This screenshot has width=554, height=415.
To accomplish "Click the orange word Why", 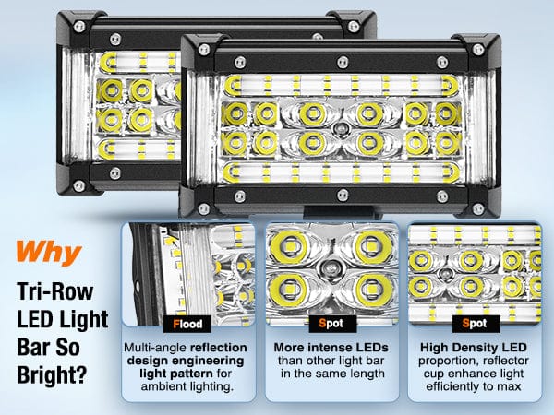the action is pyautogui.click(x=49, y=252).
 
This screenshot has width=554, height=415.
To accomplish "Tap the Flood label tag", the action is pyautogui.click(x=187, y=324).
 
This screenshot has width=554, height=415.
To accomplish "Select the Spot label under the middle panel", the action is pyautogui.click(x=331, y=324).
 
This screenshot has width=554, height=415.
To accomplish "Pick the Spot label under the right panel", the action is pyautogui.click(x=475, y=324).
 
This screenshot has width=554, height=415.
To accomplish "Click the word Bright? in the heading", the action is pyautogui.click(x=52, y=374).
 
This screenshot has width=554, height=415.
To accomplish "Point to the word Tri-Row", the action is pyautogui.click(x=55, y=291).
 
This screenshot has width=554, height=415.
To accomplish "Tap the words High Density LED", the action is pyautogui.click(x=474, y=348).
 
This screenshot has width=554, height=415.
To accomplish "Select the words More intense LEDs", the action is pyautogui.click(x=331, y=348).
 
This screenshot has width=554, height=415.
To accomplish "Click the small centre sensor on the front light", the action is pyautogui.click(x=341, y=129).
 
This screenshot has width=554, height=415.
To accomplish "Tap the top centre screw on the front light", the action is pyautogui.click(x=343, y=63).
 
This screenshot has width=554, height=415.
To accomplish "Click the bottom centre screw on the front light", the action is pyautogui.click(x=343, y=195).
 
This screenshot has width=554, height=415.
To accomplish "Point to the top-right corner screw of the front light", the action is pyautogui.click(x=478, y=50).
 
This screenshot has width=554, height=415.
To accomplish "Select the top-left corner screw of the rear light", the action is pyautogui.click(x=79, y=26).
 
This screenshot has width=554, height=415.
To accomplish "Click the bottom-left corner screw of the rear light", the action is pyautogui.click(x=78, y=185).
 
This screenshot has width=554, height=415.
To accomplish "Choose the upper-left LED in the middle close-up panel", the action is pyautogui.click(x=289, y=246).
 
